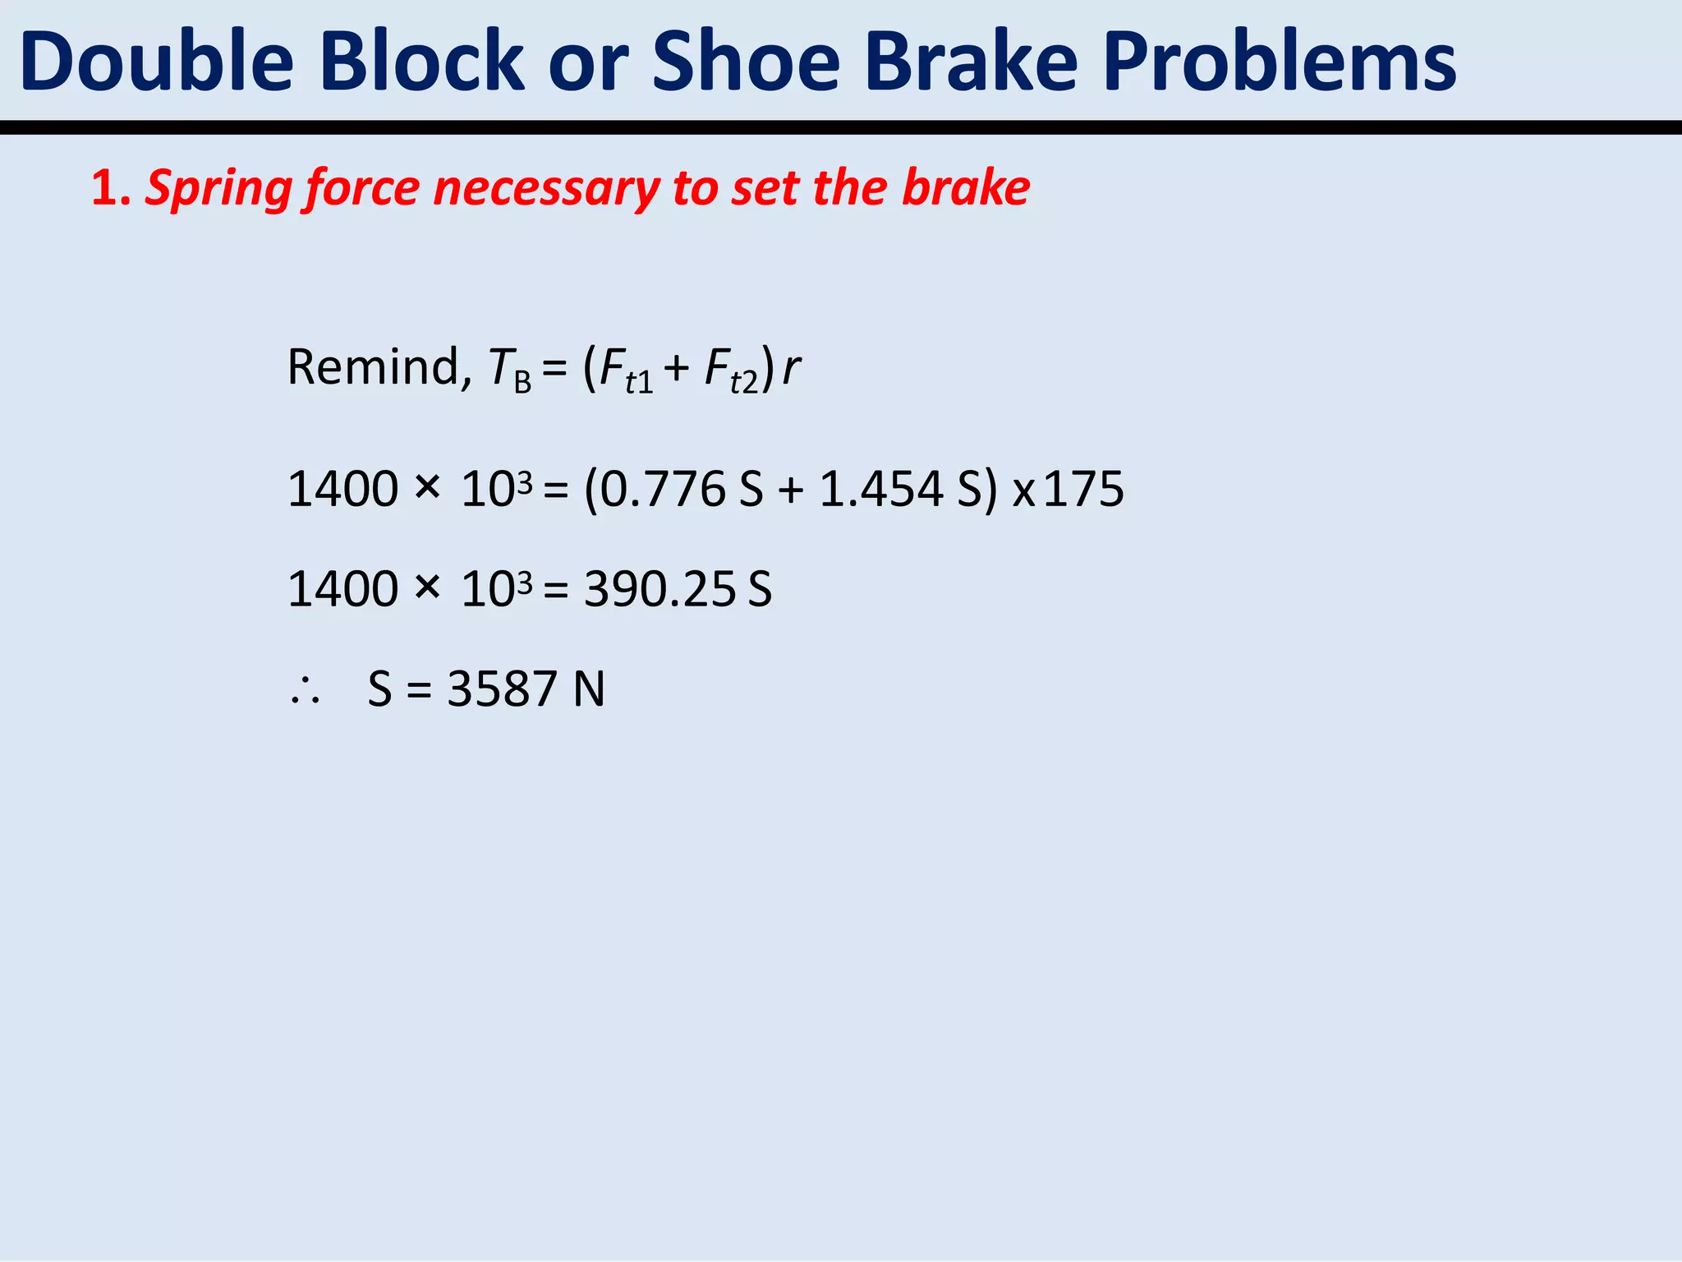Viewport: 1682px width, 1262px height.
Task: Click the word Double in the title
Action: (157, 62)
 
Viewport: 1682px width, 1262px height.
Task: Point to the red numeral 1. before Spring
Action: (110, 188)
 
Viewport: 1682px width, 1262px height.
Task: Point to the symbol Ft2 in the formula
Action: (731, 370)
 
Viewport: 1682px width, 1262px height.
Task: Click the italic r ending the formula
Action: (790, 368)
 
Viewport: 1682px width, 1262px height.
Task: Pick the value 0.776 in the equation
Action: (663, 490)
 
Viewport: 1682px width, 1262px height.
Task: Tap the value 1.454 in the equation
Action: (881, 490)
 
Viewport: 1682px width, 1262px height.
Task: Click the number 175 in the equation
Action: (1083, 490)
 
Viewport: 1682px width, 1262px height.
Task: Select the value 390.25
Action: (659, 590)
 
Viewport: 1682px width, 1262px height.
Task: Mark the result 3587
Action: (502, 689)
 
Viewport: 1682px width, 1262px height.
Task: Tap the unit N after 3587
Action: (589, 689)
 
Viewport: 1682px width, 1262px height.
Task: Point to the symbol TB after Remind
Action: (509, 370)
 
